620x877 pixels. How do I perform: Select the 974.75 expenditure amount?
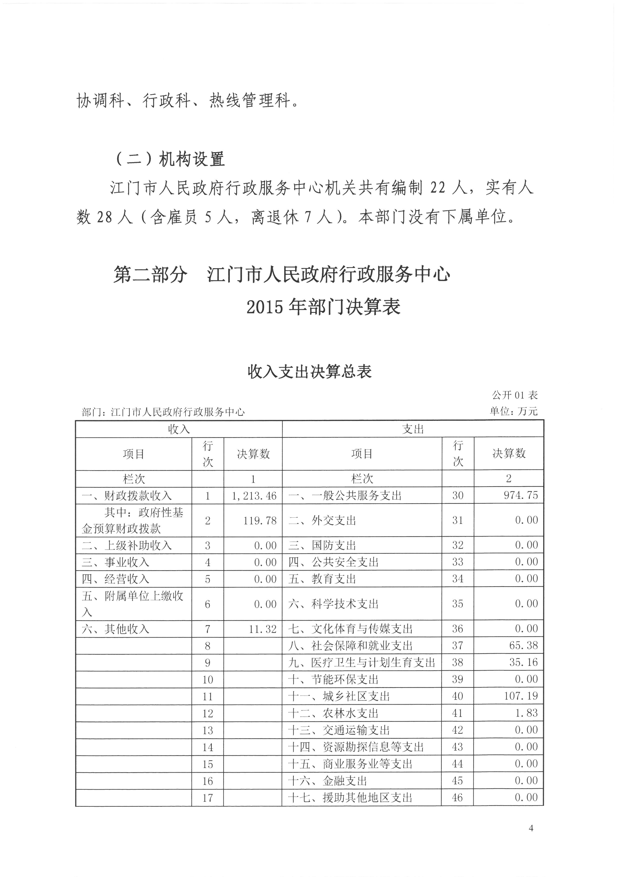521,495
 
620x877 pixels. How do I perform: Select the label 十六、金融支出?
327,781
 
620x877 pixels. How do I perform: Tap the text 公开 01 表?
515,395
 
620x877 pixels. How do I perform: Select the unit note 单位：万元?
513,411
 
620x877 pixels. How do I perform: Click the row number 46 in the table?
457,797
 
